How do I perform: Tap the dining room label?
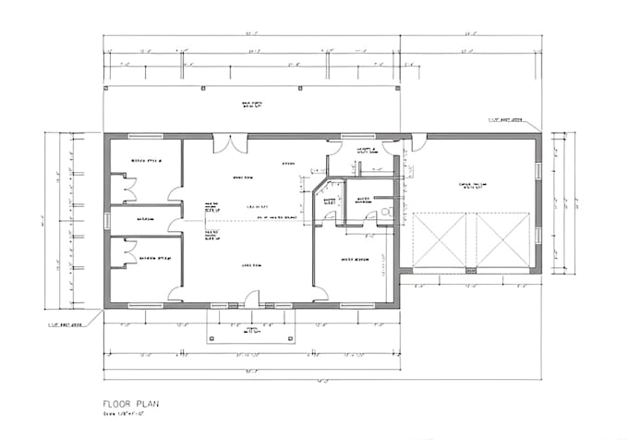pyautogui.click(x=243, y=177)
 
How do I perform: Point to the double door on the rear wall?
pyautogui.click(x=231, y=145)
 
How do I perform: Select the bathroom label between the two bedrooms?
pyautogui.click(x=146, y=219)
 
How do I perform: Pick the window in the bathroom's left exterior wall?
pyautogui.click(x=108, y=219)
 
